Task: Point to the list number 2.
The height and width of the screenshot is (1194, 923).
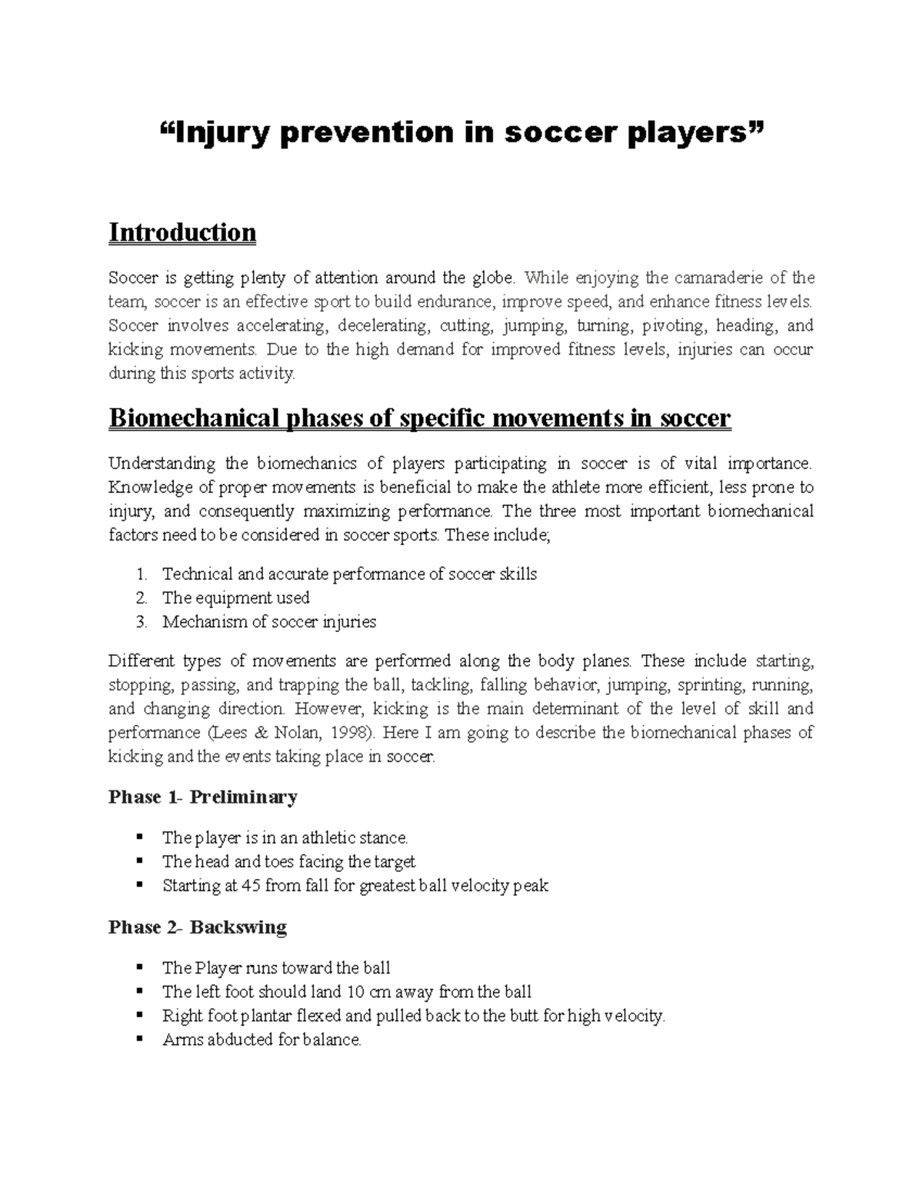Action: (x=140, y=598)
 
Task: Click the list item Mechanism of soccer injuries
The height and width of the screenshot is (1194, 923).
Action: (x=269, y=622)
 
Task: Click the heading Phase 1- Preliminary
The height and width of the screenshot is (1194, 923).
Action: (x=203, y=797)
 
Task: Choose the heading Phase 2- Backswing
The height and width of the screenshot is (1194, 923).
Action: (x=198, y=927)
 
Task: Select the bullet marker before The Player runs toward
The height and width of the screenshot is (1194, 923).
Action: (x=139, y=967)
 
